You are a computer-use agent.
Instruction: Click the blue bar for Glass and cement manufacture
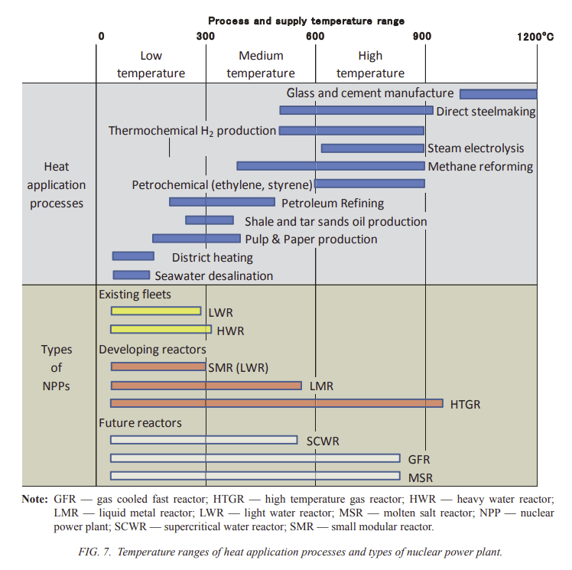(x=499, y=94)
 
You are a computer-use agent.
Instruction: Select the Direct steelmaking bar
(x=356, y=110)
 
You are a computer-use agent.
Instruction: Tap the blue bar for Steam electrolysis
(x=373, y=148)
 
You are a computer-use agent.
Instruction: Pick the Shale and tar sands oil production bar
(x=210, y=220)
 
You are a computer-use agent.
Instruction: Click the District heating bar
(x=133, y=256)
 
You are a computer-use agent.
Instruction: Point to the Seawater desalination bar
(x=132, y=275)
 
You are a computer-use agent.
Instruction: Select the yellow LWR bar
(x=156, y=311)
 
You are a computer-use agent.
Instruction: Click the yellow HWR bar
(x=161, y=329)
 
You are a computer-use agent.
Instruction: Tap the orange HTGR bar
(x=277, y=403)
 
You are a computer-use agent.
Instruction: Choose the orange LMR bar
(x=206, y=386)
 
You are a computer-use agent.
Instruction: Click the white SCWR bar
(x=204, y=440)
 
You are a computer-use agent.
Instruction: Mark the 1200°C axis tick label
(x=535, y=37)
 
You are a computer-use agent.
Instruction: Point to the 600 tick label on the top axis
(x=315, y=36)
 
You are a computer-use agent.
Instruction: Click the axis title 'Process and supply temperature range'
(x=306, y=21)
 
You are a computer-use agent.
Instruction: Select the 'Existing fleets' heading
(x=135, y=294)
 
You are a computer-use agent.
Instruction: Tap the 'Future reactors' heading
(x=140, y=422)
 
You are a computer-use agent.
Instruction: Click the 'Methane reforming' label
(x=480, y=166)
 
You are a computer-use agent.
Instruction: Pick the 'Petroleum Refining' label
(x=333, y=203)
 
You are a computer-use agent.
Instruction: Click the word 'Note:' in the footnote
(x=34, y=499)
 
